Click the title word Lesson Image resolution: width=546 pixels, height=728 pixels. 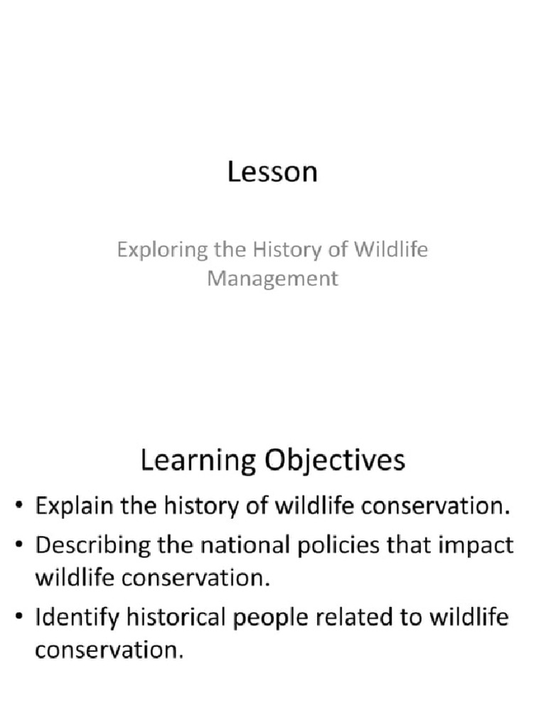click(x=272, y=173)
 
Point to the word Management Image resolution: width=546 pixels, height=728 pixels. click(x=272, y=278)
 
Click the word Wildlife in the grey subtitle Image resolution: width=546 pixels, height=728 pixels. click(x=393, y=250)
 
